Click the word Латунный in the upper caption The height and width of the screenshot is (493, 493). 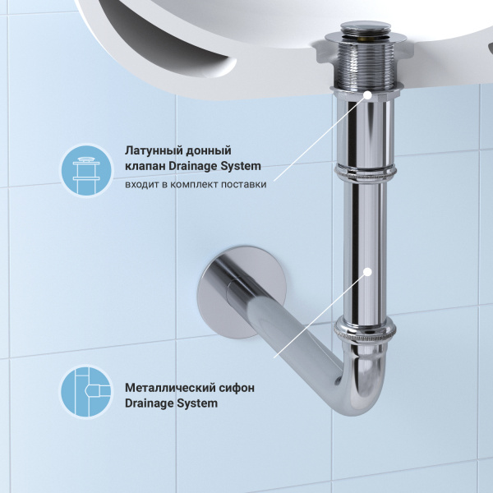click(x=154, y=151)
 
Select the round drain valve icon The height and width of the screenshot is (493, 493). click(x=86, y=170)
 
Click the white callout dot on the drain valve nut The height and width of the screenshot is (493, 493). click(x=366, y=95)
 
